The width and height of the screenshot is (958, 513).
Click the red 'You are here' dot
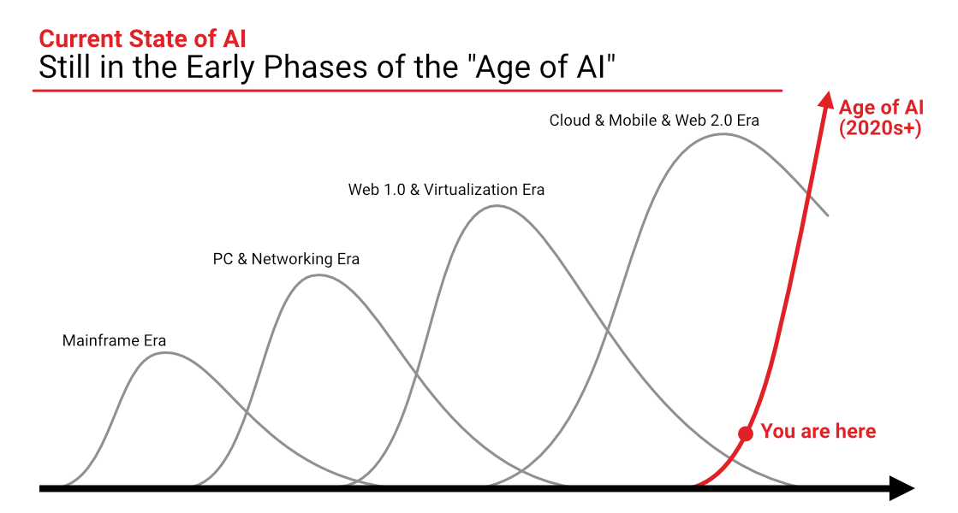746,433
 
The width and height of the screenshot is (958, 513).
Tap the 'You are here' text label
818,431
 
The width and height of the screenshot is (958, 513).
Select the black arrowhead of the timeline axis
901,488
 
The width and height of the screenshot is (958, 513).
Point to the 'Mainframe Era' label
114,340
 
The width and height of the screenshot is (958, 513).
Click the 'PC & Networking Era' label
286,258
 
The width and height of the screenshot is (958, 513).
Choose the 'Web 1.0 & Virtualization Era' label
446,189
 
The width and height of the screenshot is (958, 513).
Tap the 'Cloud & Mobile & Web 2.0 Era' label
654,121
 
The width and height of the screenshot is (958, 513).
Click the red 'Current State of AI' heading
142,38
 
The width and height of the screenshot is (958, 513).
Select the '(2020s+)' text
880,128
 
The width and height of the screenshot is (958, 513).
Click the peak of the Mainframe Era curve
165,353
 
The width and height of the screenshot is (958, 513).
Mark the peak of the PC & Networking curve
319,275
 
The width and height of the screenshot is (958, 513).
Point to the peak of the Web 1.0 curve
497,206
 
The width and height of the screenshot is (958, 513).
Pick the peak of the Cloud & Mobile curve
723,134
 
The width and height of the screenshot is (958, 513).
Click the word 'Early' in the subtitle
220,67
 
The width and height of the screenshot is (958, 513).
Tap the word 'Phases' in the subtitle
315,67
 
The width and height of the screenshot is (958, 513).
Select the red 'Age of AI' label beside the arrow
881,107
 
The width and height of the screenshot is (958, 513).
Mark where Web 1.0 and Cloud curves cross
607,331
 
